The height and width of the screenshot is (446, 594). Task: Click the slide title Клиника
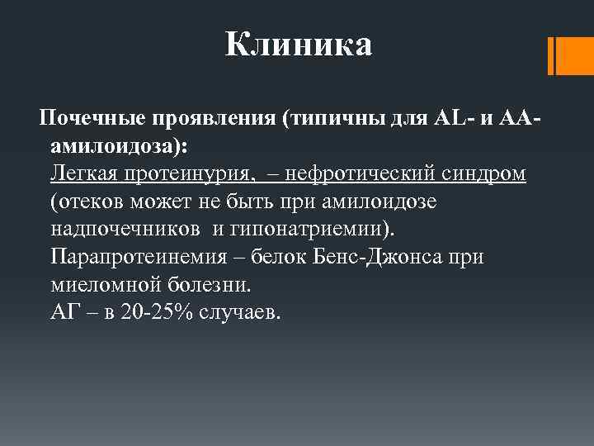pos(298,45)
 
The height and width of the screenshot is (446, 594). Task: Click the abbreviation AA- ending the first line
pos(521,120)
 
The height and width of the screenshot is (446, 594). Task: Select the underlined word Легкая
pos(85,175)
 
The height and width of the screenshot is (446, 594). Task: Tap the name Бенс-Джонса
pos(384,258)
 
